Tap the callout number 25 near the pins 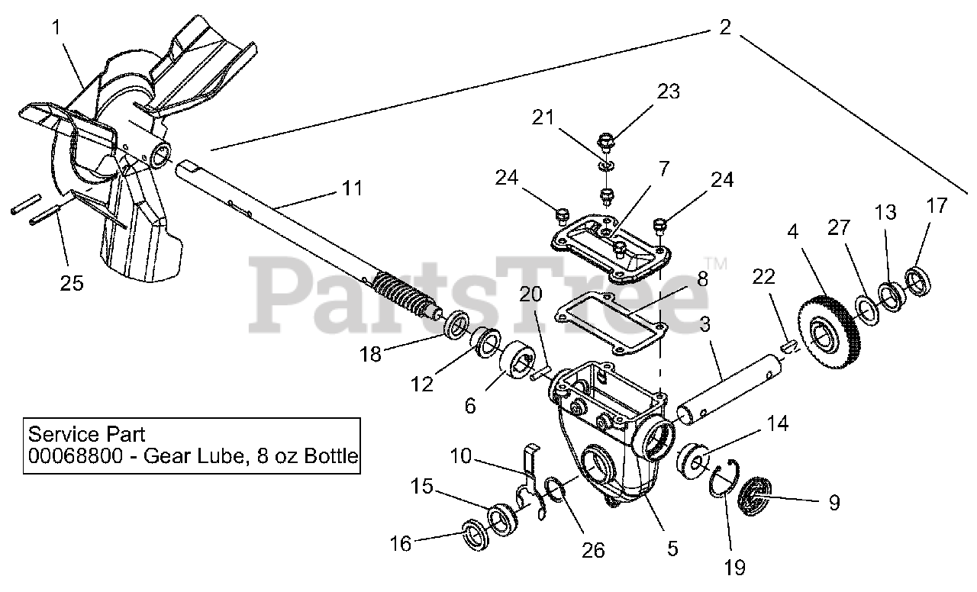(73, 284)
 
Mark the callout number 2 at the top (724, 27)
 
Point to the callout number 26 (593, 550)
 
